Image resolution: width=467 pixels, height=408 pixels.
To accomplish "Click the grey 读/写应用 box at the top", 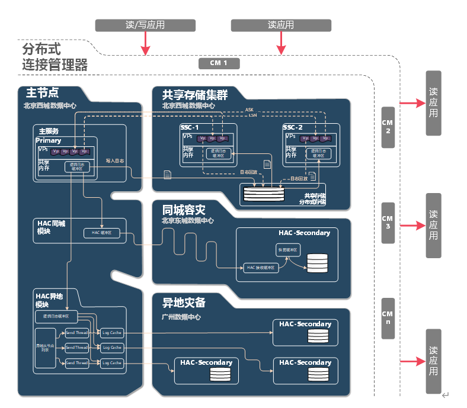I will click(145, 25).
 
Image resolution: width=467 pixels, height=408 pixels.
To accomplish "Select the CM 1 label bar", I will click(219, 63).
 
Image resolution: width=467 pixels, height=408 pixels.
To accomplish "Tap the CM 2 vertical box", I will click(388, 127).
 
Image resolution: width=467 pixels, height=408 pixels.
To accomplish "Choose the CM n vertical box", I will click(388, 318).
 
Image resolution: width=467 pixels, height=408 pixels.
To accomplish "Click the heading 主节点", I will click(42, 93).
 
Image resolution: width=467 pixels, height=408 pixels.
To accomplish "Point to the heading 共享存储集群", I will click(195, 95).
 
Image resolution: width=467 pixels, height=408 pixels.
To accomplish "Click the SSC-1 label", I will click(190, 127).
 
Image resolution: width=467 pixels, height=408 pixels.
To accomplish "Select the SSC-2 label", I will click(292, 127).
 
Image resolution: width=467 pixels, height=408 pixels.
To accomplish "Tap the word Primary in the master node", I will click(48, 141).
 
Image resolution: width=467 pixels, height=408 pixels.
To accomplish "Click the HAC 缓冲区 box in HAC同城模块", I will click(102, 233).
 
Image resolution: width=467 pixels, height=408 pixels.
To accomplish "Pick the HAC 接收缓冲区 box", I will click(261, 268).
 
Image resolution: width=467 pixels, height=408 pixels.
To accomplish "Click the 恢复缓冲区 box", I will click(289, 249).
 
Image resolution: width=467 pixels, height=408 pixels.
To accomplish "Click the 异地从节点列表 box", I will click(45, 348).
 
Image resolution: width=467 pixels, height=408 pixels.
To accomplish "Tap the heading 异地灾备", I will click(184, 303).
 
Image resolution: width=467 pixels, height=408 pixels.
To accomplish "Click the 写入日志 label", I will click(114, 160).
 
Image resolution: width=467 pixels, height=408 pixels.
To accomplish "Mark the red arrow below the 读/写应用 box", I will click(145, 43).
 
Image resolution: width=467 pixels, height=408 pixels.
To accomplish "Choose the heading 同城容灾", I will click(184, 209).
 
